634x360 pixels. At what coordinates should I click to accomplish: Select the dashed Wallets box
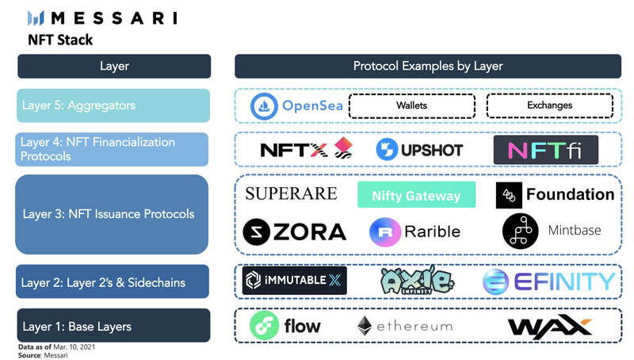(x=412, y=105)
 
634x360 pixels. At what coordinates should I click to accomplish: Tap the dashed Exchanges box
(x=549, y=105)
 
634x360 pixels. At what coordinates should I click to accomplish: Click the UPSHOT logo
(x=419, y=148)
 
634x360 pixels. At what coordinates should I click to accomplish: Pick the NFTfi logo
(x=545, y=148)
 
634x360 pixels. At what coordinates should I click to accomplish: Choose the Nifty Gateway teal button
(x=416, y=195)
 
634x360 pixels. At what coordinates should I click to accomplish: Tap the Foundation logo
(x=555, y=194)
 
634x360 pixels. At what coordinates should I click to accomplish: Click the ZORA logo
(x=295, y=232)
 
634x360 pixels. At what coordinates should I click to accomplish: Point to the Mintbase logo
(x=552, y=231)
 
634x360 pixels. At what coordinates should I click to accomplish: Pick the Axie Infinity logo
(x=417, y=281)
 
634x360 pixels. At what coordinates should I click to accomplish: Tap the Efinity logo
(x=548, y=281)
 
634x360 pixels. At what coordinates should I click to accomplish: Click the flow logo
(x=286, y=325)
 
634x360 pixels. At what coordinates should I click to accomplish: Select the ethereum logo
(x=404, y=325)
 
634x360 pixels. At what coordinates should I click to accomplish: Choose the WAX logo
(x=549, y=326)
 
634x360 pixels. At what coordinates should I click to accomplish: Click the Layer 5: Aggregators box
(x=113, y=105)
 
